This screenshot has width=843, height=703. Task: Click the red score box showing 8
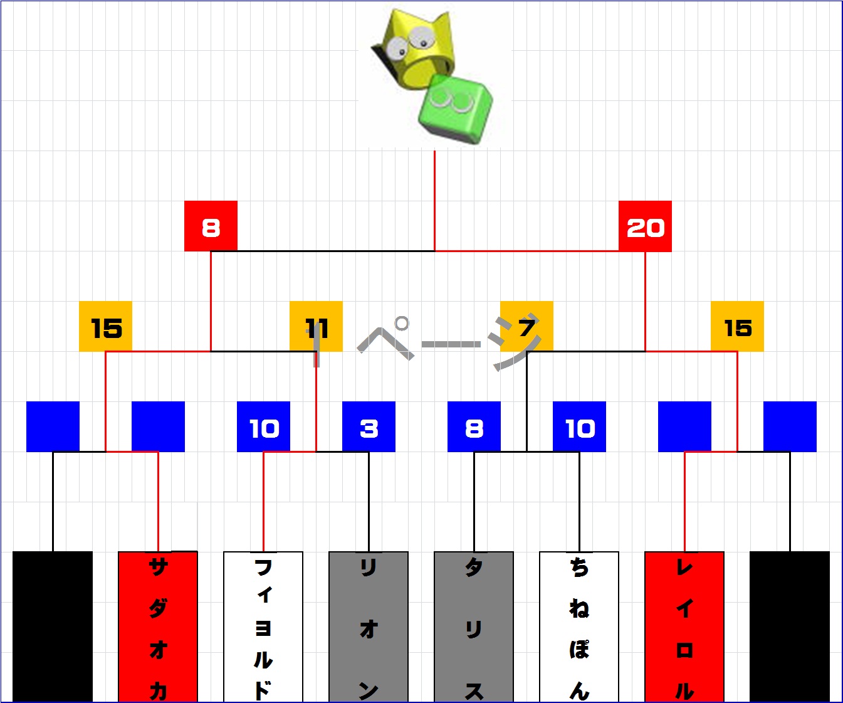point(211,226)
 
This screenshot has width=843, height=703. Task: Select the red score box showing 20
point(645,226)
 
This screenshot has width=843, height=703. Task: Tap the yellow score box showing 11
point(316,326)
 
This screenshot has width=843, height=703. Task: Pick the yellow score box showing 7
point(526,326)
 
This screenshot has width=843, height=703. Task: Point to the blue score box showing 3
point(369,426)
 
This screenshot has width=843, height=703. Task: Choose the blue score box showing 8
point(474,426)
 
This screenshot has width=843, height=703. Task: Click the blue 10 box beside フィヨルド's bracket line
point(263,426)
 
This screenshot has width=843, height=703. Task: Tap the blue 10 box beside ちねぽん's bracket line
point(579,426)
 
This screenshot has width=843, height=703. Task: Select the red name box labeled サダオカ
point(158,627)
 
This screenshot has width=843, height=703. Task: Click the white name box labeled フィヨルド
point(263,627)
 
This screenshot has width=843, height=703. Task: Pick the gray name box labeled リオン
point(369,627)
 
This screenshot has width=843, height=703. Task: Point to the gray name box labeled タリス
point(474,627)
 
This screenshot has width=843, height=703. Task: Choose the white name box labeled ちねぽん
point(579,627)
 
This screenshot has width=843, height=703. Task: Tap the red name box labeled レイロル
point(684,627)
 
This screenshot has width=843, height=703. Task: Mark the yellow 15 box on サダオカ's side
point(105,326)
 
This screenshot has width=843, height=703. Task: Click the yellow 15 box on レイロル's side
point(737,326)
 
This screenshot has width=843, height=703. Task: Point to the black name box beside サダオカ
point(53,627)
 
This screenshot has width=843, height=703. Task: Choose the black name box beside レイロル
point(790,627)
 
